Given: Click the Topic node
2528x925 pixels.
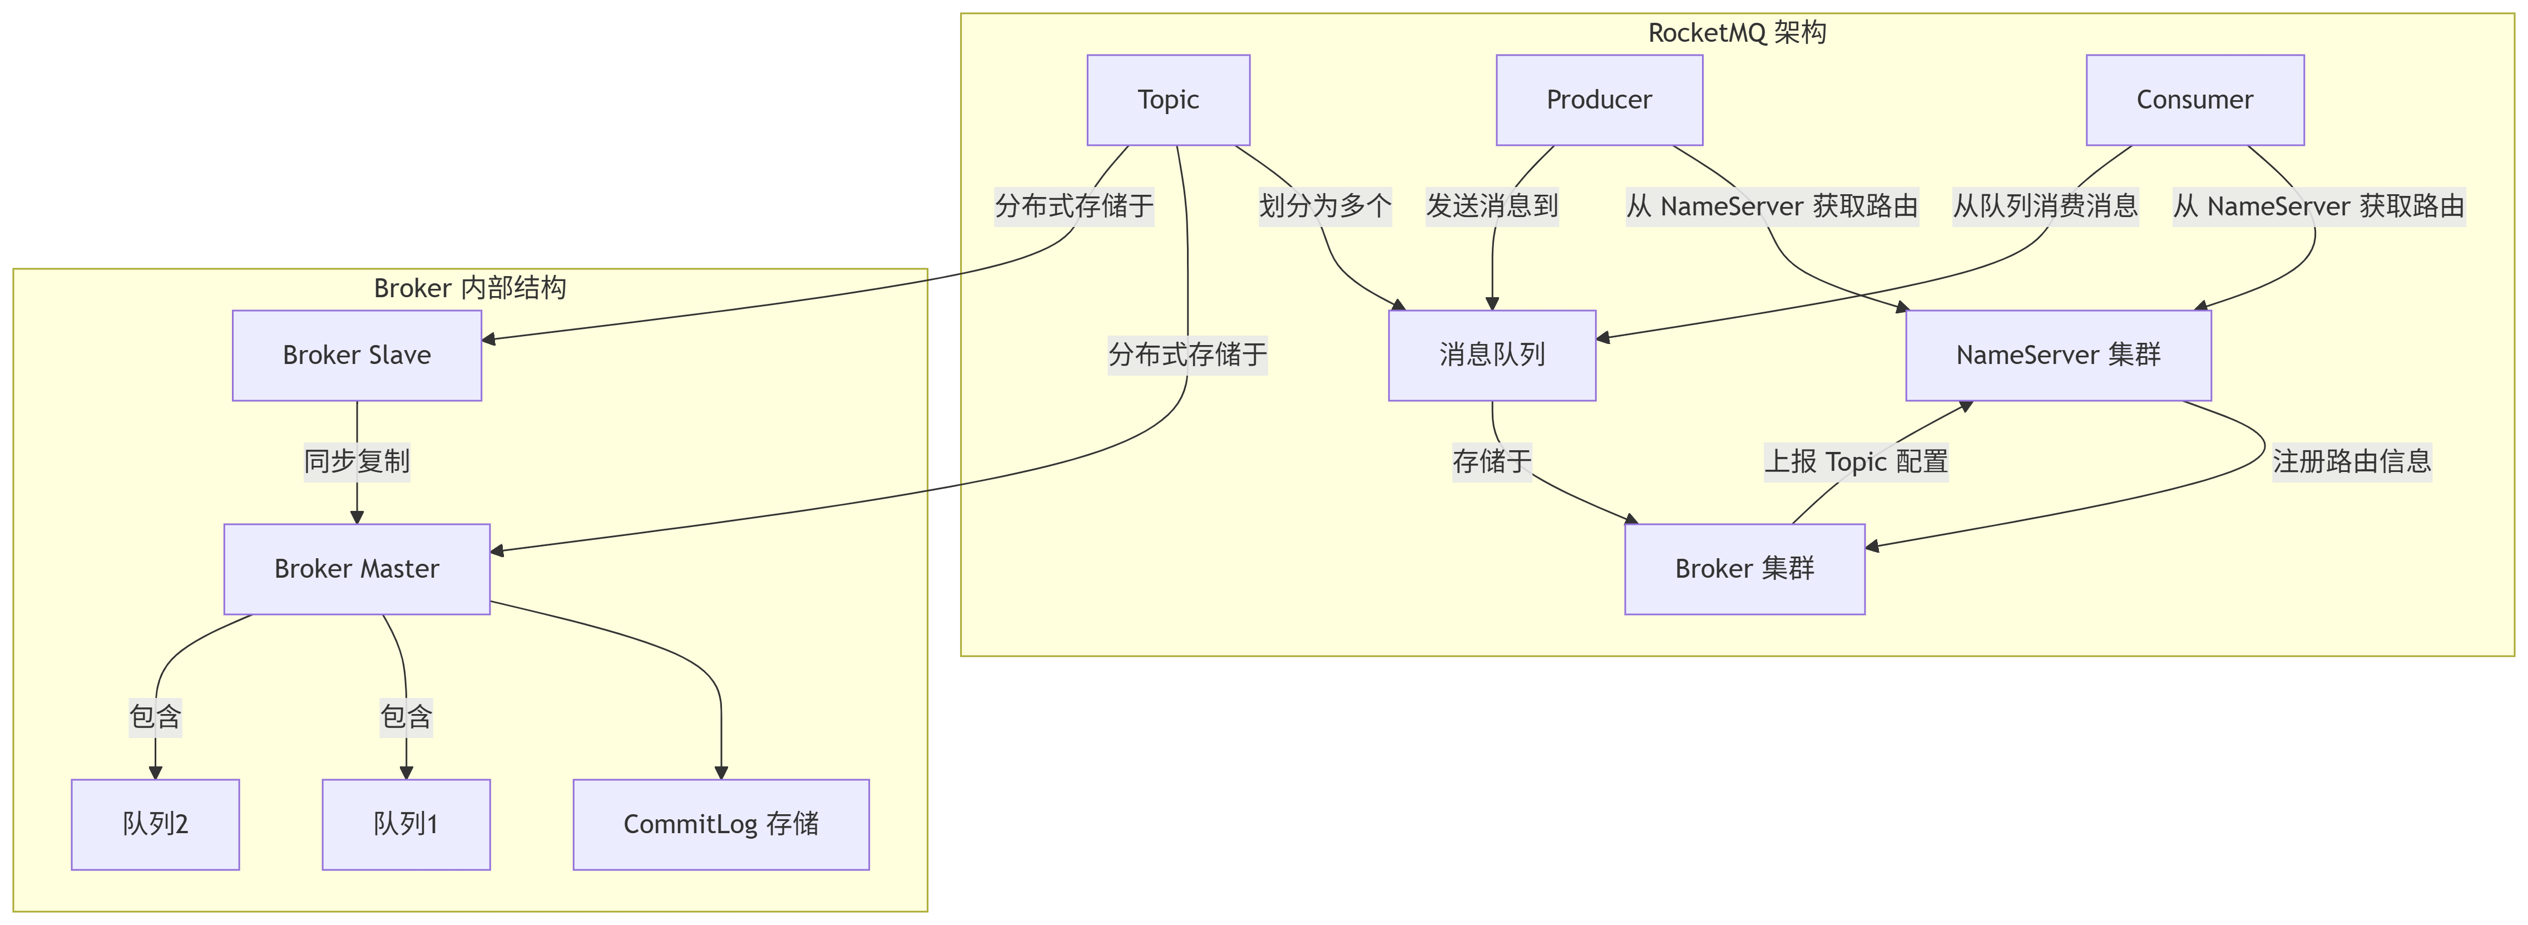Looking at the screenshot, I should point(1168,100).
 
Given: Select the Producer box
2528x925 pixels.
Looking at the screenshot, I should point(1599,100).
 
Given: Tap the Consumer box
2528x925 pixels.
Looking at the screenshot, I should point(2194,100).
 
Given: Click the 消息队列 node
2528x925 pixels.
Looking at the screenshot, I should point(1492,356).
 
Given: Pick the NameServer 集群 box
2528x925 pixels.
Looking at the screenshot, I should point(2058,356).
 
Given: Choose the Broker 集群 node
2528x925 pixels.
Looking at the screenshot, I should point(1744,569).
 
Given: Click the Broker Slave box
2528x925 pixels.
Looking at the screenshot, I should point(356,356).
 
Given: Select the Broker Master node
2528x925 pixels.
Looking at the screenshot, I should point(356,569).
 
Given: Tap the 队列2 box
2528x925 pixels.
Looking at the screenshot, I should point(155,825).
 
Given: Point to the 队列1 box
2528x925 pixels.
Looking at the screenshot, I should point(406,825).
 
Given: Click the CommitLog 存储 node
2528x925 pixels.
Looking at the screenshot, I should point(720,825).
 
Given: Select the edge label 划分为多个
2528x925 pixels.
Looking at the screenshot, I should point(1325,206).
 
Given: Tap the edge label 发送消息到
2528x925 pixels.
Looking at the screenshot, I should point(1492,206).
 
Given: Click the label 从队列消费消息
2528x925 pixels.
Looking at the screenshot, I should point(2045,206).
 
